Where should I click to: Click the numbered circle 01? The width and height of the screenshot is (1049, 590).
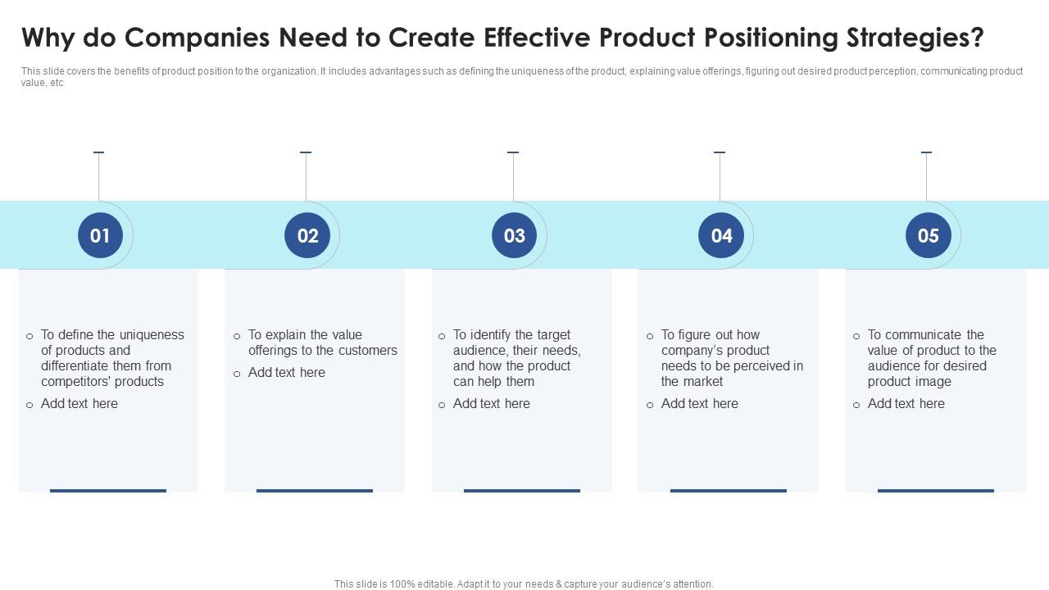coord(100,236)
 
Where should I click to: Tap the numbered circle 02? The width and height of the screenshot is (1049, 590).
coord(307,236)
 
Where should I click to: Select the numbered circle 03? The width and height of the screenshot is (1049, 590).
coord(514,236)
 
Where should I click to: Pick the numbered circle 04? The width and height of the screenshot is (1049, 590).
coord(721,236)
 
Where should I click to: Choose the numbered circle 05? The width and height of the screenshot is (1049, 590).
coord(928,236)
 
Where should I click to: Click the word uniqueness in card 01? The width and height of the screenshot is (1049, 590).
coord(152,334)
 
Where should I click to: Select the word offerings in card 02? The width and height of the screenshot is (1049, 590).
coord(276,350)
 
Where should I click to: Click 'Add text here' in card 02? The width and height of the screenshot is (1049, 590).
coord(287,372)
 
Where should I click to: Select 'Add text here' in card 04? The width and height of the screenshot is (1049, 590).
coord(700,403)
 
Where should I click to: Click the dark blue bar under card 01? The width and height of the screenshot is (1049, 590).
coord(108,491)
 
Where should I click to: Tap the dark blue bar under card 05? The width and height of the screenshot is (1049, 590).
coord(936,491)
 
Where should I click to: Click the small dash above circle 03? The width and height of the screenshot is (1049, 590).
coord(513,152)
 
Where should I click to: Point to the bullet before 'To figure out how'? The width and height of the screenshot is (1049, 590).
coord(650,336)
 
